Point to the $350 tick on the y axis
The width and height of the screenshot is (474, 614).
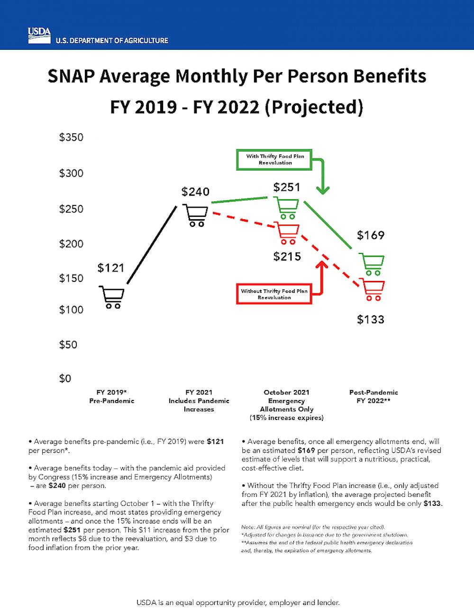tap(71, 138)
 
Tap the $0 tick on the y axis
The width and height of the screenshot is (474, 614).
tap(65, 379)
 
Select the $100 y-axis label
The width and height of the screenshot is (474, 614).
tap(71, 310)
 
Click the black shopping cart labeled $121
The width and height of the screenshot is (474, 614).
tap(112, 298)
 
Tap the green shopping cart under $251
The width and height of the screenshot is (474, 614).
tap(287, 209)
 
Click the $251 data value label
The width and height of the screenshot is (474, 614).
tap(287, 187)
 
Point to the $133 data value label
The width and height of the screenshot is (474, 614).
tap(371, 319)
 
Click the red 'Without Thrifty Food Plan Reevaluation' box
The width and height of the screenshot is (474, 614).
tap(274, 294)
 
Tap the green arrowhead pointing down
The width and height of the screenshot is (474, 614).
tap(323, 190)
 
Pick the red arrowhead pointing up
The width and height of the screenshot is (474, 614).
tap(322, 265)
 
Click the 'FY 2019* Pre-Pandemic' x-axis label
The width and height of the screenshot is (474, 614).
tap(112, 397)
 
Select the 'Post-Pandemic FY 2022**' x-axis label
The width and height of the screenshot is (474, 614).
tap(374, 397)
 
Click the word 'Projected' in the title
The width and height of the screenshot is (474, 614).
tap(313, 107)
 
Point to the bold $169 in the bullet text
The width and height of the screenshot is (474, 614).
tap(306, 450)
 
